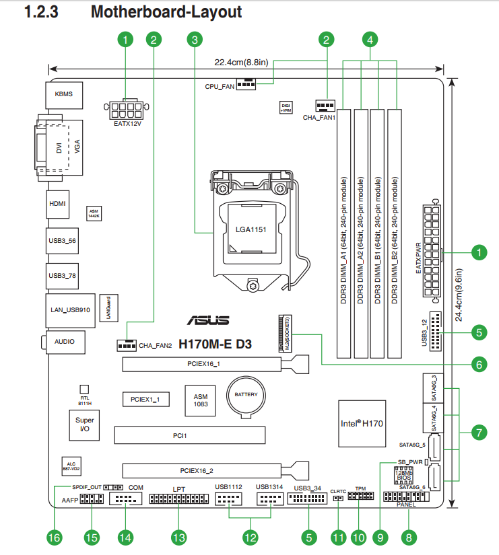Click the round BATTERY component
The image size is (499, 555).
[246, 394]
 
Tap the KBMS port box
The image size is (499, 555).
[64, 95]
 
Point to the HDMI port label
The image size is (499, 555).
[58, 203]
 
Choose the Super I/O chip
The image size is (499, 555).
[85, 424]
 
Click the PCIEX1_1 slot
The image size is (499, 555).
[145, 400]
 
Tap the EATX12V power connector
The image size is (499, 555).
[126, 109]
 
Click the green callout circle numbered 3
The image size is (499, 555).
[195, 40]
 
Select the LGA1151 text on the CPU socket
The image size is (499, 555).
[251, 229]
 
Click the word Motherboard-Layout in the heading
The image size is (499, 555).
[166, 12]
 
